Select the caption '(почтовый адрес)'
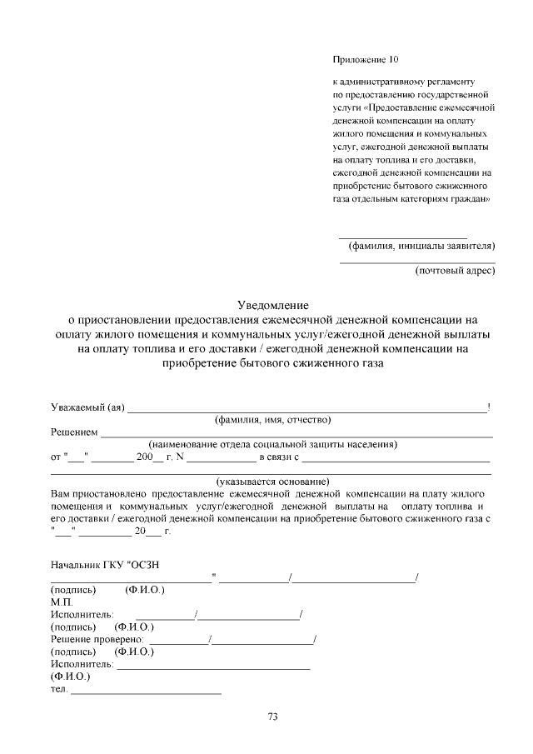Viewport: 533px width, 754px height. pyautogui.click(x=455, y=270)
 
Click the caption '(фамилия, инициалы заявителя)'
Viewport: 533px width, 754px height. pyautogui.click(x=421, y=246)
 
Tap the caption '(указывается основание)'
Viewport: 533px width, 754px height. pyautogui.click(x=272, y=482)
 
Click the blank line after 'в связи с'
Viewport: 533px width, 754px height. pyautogui.click(x=396, y=459)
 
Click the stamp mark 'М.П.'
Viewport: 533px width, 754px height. pyautogui.click(x=62, y=602)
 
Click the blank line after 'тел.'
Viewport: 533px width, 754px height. pyautogui.click(x=147, y=692)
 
